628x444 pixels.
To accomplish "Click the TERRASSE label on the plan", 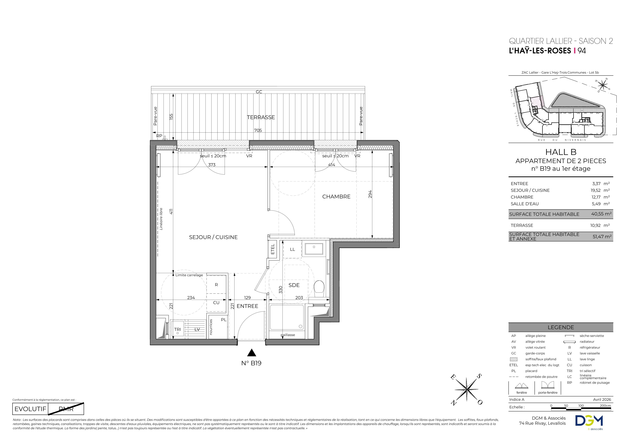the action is click(261, 117).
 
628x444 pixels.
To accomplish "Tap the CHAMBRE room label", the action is click(336, 197).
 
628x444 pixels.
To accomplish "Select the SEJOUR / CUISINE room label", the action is click(213, 237).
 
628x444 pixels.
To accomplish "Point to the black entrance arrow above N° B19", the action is click(251, 353).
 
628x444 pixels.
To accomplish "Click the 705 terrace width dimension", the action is click(258, 130).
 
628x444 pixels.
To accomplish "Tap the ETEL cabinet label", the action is click(272, 249).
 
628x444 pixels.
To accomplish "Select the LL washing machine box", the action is click(292, 249).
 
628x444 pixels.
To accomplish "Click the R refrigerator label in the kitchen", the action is click(216, 285).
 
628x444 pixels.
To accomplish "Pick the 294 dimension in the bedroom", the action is click(370, 194).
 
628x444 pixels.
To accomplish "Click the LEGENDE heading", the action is click(561, 327).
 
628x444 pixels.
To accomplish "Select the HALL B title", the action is click(561, 152).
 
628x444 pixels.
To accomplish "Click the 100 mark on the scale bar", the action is click(581, 406).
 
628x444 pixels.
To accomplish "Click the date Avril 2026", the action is click(602, 399).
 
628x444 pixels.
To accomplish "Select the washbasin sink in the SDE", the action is click(314, 249).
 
